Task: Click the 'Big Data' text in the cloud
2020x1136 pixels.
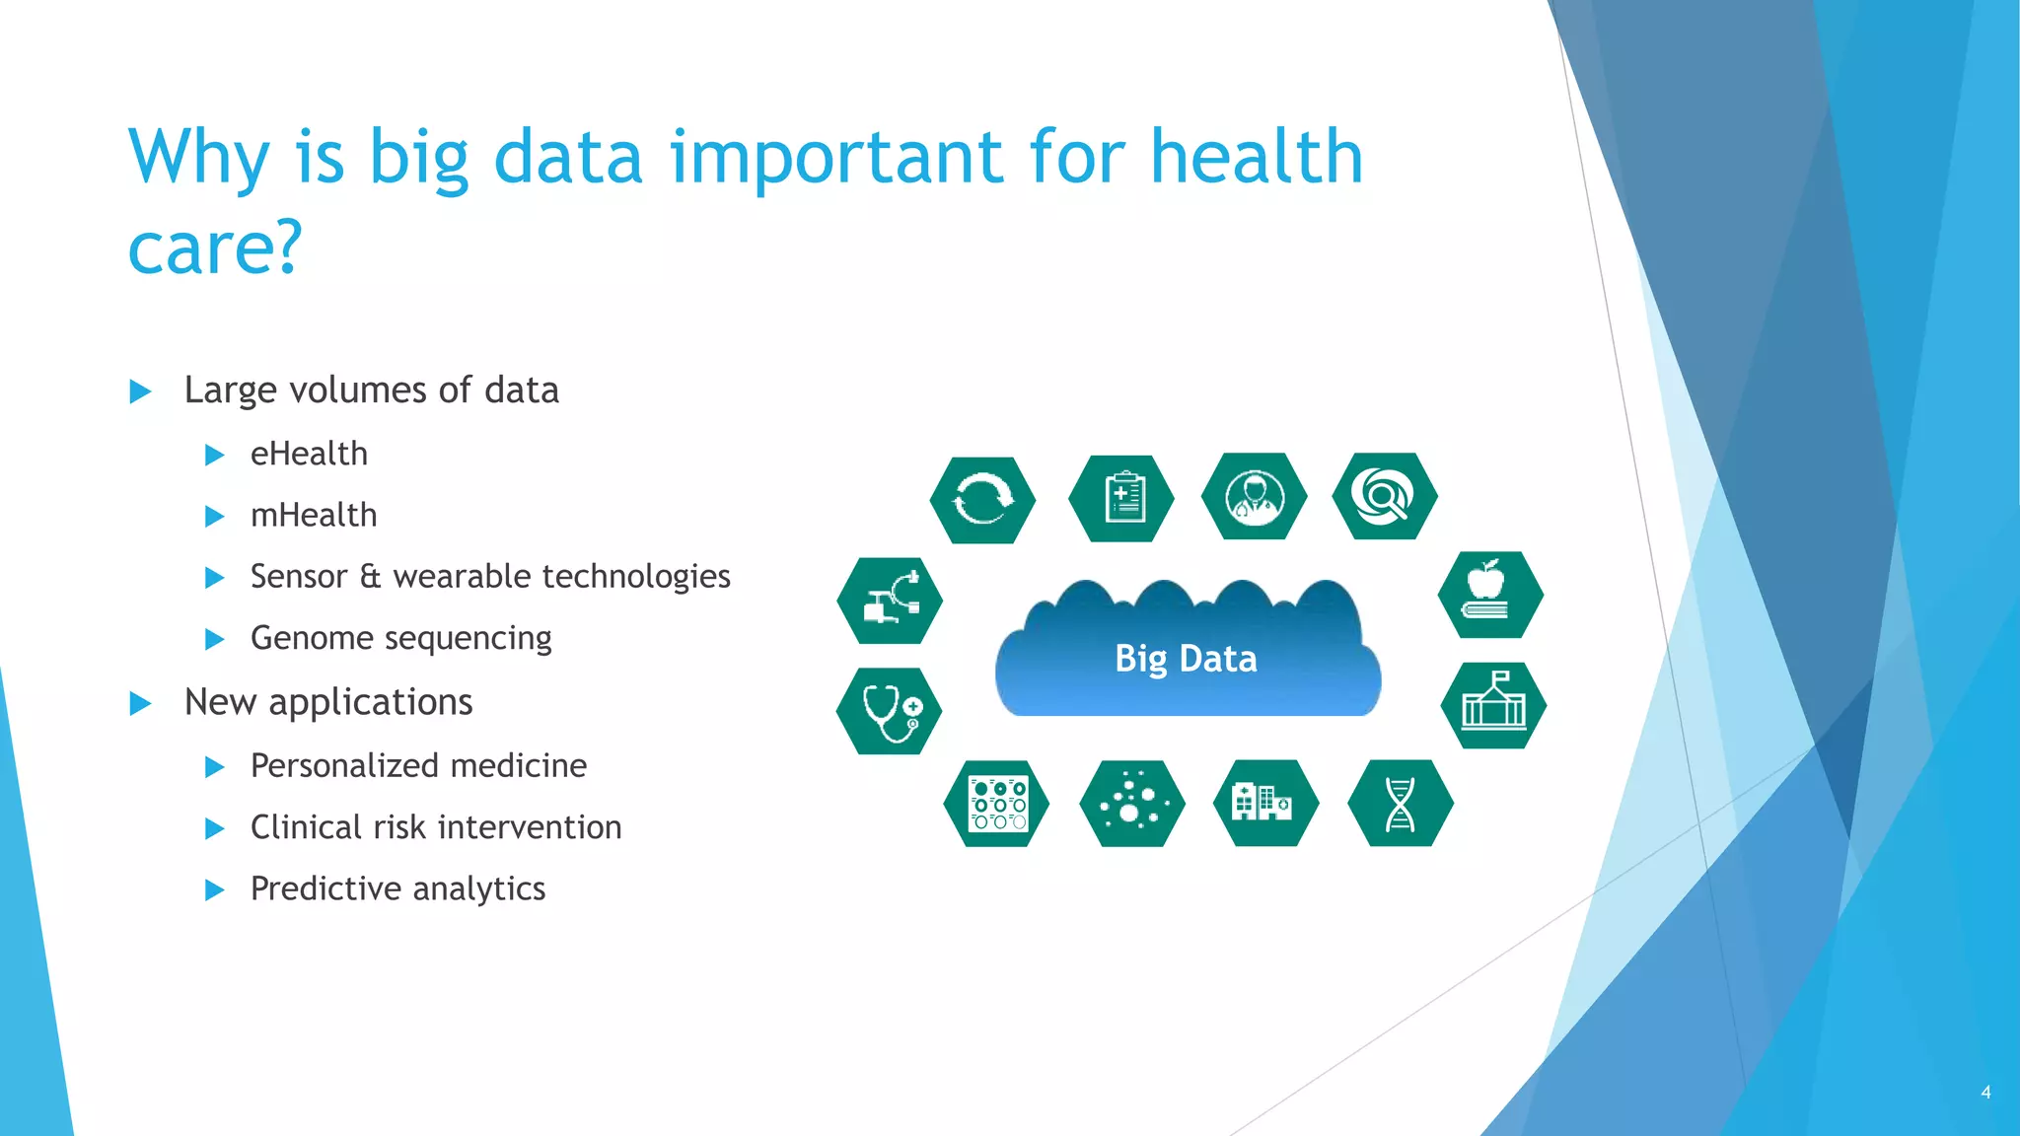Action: point(1186,659)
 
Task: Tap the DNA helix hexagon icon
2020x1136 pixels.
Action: point(1400,804)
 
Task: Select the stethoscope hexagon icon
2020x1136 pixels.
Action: point(890,711)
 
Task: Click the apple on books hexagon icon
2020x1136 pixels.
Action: point(1489,595)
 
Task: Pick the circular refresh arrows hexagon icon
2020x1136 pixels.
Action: point(982,500)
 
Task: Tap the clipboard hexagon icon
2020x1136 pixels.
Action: point(1121,498)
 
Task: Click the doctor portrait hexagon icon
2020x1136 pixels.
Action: point(1255,496)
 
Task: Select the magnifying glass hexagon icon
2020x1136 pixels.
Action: point(1385,496)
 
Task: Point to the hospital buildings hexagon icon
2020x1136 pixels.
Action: point(1265,803)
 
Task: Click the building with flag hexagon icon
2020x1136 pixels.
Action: point(1493,705)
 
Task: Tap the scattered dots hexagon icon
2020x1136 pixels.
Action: point(1132,804)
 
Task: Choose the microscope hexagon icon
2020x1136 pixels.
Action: point(890,601)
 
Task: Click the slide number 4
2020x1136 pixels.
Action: point(1985,1093)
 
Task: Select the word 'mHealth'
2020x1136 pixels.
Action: point(314,516)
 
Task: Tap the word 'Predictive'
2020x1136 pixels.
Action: point(325,888)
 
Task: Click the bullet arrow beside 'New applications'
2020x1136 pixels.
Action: point(141,703)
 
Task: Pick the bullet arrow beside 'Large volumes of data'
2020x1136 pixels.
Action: point(141,391)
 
